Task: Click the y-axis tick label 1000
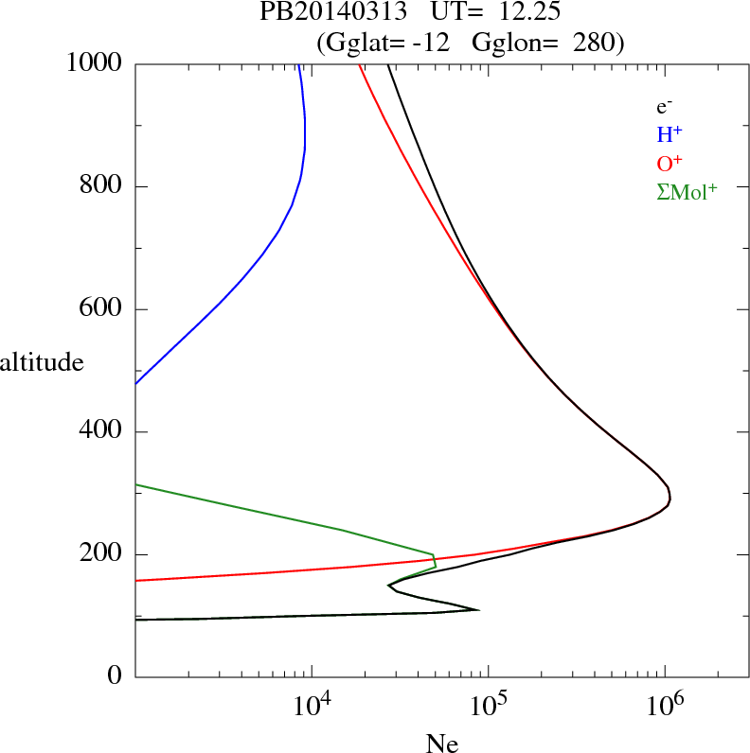coord(95,63)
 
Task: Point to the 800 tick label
coord(102,186)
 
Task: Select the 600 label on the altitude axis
coord(102,309)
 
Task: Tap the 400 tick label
coord(102,432)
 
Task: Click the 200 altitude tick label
coord(102,554)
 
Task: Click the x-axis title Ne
coord(441,744)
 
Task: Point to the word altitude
coord(42,361)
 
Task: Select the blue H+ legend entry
coord(670,134)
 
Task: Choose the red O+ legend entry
coord(670,163)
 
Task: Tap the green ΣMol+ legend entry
coord(687,191)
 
